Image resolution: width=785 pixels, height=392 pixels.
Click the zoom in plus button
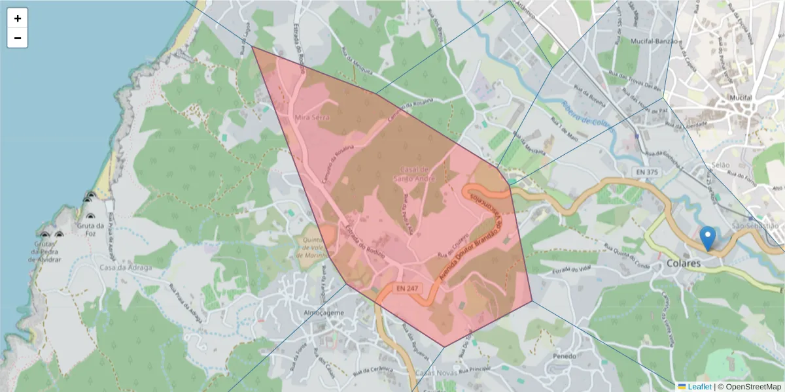(17, 18)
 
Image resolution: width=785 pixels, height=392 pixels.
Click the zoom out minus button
(17, 38)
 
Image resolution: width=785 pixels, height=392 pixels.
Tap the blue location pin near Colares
(707, 238)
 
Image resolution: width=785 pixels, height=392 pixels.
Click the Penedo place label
(565, 357)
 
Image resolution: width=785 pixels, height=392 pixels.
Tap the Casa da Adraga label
(125, 267)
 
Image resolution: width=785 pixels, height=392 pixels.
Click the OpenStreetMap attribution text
(749, 386)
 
